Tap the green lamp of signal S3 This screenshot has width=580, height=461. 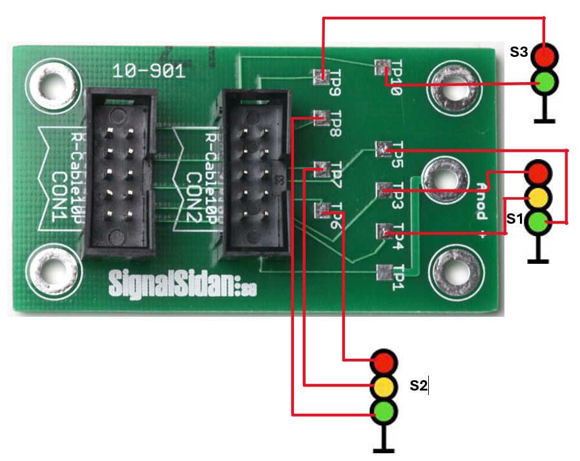point(544,82)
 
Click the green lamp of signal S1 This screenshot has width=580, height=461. point(537,222)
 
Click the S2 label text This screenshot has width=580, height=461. point(419,386)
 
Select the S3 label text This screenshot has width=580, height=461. point(519,52)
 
